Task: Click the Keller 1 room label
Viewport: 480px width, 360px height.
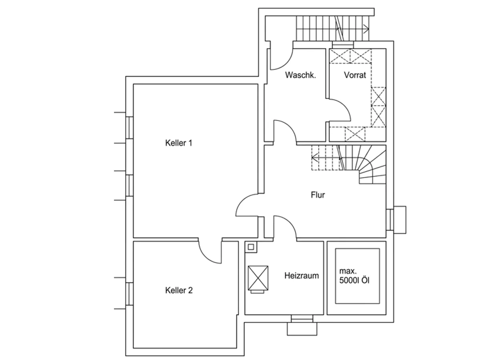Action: tap(179, 143)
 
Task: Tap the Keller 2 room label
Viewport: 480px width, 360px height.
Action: tap(179, 290)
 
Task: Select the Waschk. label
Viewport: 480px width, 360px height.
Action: tap(300, 75)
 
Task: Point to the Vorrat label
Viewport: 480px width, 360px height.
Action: tap(355, 75)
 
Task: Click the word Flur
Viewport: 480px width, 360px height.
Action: tap(318, 195)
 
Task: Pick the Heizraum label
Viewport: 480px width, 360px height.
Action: tap(302, 276)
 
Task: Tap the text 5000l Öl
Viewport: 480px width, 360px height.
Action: tap(354, 280)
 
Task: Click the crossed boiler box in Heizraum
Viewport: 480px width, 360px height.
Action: tap(258, 278)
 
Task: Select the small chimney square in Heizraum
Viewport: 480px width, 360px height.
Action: tap(251, 247)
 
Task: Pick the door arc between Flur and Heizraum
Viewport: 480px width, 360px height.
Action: tap(290, 222)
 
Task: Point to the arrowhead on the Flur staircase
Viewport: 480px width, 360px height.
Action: tap(314, 157)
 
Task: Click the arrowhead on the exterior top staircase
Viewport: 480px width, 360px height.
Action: tap(366, 29)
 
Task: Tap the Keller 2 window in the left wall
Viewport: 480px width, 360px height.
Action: tap(130, 294)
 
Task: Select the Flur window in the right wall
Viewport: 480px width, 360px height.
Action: tap(390, 220)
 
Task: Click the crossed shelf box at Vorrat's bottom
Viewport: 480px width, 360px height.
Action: tap(355, 134)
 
